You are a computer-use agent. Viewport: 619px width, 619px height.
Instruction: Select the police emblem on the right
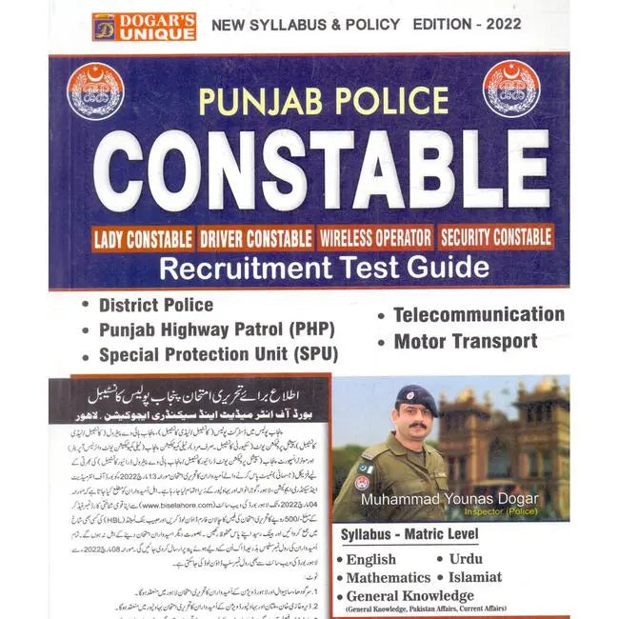tap(513, 90)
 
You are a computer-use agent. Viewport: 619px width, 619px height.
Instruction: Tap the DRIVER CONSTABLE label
tap(257, 236)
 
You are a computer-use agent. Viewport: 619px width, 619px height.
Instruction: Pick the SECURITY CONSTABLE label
tap(497, 236)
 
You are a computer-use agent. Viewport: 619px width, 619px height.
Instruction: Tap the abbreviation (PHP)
tap(308, 330)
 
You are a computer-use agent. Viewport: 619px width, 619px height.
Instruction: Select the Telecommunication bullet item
tap(478, 314)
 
